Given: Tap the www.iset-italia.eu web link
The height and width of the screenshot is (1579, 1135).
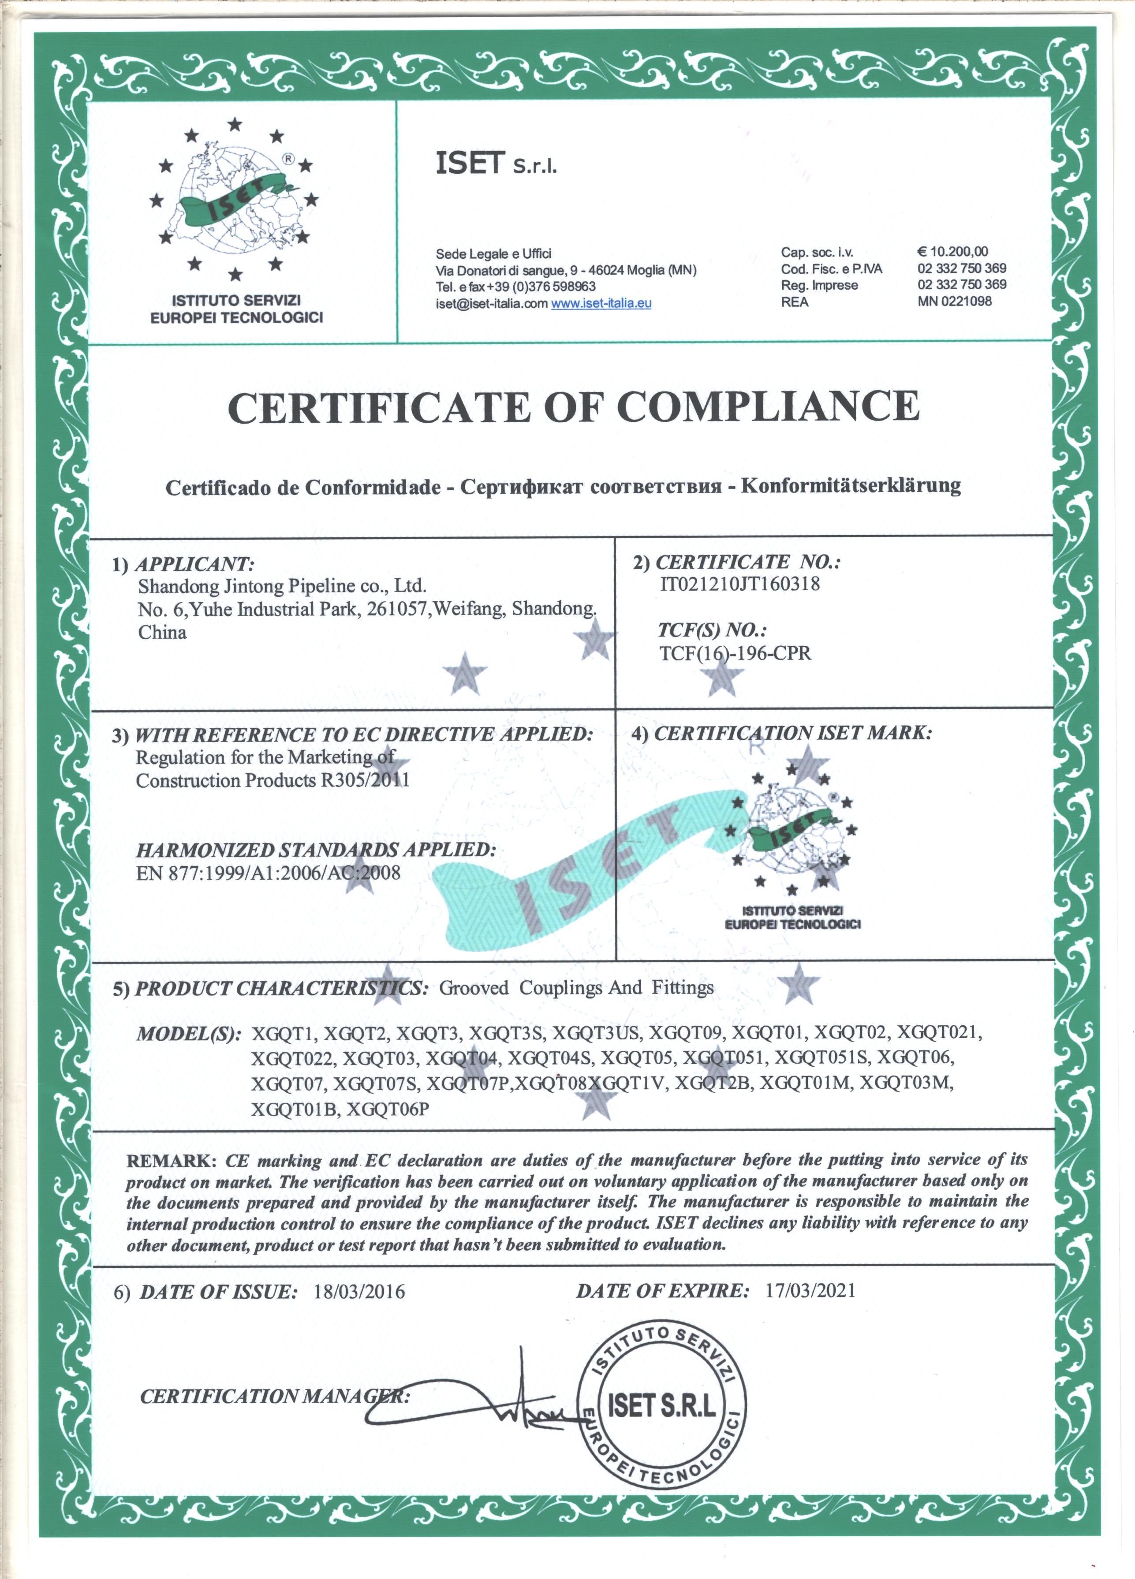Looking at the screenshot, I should [x=601, y=303].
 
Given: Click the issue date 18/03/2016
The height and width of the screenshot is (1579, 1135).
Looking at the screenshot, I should [x=358, y=1292].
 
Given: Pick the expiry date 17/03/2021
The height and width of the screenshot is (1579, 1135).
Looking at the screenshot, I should [x=810, y=1290].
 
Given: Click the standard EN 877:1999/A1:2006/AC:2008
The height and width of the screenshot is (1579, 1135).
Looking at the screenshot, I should [x=268, y=873].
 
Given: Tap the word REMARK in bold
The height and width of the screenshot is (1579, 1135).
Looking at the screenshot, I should [x=171, y=1161].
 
